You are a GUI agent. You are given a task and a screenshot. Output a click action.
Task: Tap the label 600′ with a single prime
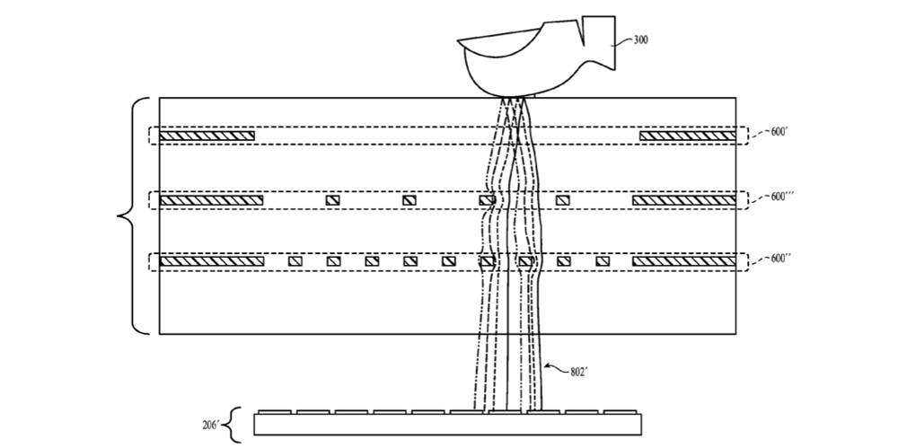pyautogui.click(x=780, y=132)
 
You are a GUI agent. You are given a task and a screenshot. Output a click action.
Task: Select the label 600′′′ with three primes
pyautogui.click(x=783, y=197)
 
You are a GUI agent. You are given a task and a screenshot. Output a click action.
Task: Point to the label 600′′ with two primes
pyautogui.click(x=782, y=259)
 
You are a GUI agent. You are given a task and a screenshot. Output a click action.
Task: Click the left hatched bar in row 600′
pyautogui.click(x=207, y=136)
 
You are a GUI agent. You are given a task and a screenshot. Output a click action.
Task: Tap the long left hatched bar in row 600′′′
pyautogui.click(x=211, y=199)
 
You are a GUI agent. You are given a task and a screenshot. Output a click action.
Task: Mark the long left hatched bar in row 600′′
pyautogui.click(x=211, y=261)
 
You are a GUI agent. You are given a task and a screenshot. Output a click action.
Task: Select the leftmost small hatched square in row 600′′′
pyautogui.click(x=333, y=199)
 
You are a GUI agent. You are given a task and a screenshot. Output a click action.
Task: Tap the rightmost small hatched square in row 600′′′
pyautogui.click(x=563, y=199)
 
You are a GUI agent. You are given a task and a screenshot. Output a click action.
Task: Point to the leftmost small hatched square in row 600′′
pyautogui.click(x=294, y=261)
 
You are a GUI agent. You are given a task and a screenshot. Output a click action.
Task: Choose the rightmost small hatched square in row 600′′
pyautogui.click(x=603, y=261)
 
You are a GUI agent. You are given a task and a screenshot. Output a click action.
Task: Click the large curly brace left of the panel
pyautogui.click(x=128, y=215)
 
